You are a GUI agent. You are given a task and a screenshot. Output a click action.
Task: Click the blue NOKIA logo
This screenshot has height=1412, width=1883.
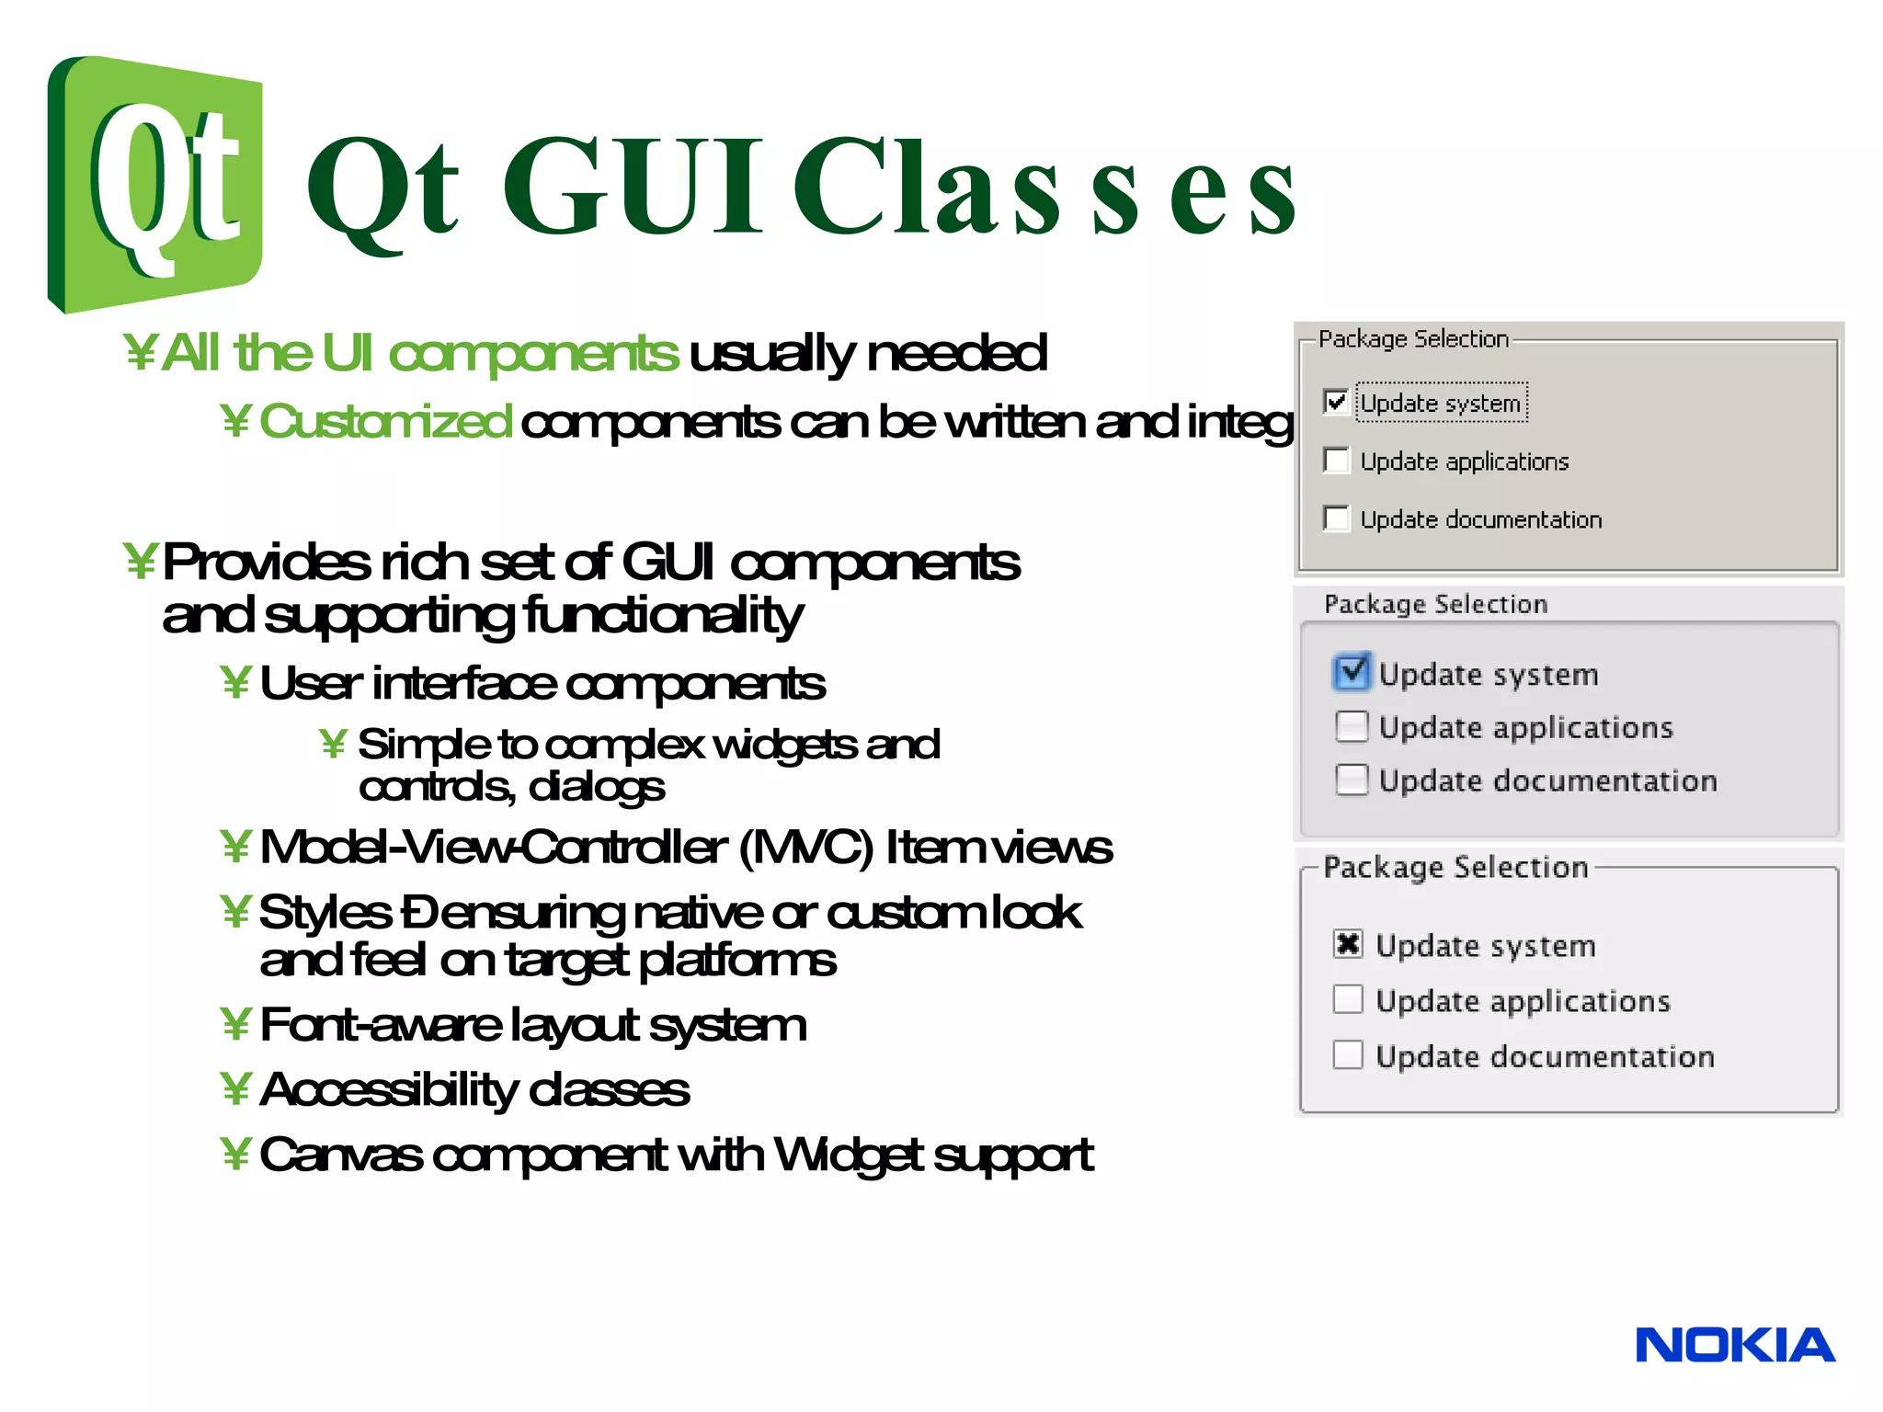click(1734, 1345)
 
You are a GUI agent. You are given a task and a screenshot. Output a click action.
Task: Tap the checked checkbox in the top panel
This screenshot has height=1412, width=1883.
click(1336, 402)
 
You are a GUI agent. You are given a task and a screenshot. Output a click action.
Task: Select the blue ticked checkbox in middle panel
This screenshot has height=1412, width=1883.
click(1352, 672)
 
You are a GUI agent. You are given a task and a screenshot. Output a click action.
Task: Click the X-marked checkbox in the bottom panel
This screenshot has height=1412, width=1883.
click(1348, 944)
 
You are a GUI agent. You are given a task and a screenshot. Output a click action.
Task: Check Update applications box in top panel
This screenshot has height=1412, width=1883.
click(1336, 460)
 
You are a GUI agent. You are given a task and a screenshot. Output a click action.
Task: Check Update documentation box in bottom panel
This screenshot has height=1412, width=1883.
click(1348, 1054)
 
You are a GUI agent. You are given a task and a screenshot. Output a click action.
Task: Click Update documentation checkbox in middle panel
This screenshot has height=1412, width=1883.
click(1352, 780)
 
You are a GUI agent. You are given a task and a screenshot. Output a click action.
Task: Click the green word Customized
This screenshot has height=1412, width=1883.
click(384, 422)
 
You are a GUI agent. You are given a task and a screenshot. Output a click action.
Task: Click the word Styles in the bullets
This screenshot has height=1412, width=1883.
click(325, 913)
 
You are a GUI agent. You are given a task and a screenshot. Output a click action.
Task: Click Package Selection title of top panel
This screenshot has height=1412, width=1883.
click(1413, 339)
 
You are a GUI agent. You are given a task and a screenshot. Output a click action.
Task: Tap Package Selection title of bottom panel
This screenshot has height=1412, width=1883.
click(1455, 867)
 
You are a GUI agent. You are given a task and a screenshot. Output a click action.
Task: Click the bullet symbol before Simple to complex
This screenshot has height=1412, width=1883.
click(333, 744)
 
